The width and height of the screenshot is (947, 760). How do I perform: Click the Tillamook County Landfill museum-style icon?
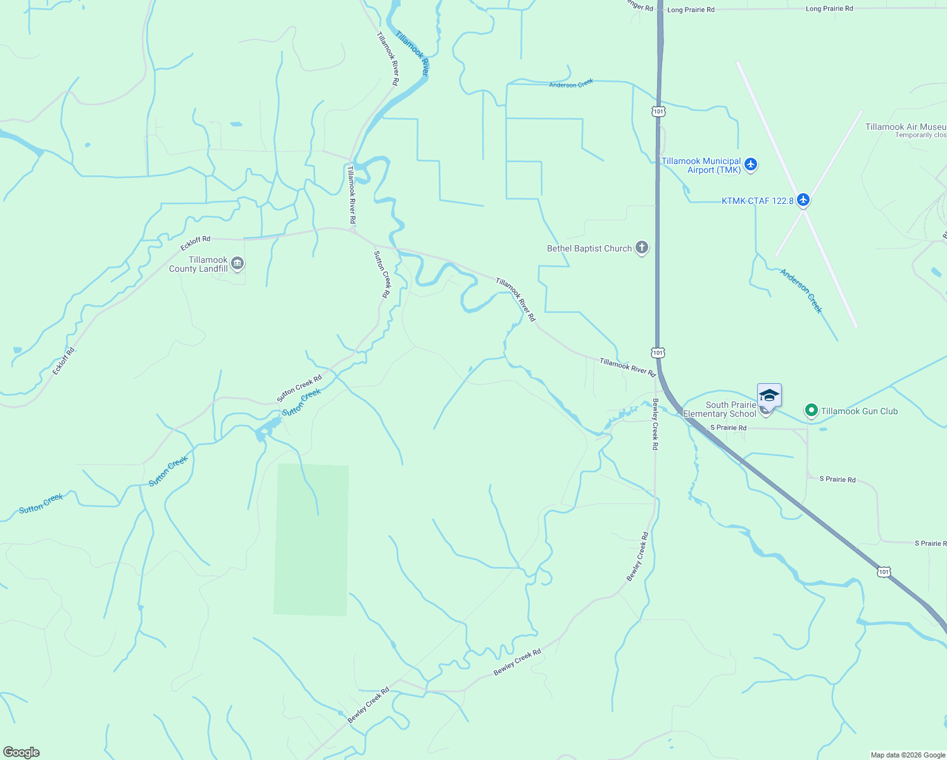(x=237, y=263)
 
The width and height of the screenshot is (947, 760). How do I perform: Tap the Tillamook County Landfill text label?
(x=198, y=265)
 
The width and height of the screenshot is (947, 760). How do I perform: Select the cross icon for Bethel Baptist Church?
(x=642, y=248)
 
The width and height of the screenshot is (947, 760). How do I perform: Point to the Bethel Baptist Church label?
(x=589, y=249)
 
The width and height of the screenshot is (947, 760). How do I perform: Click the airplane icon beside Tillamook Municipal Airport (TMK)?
(x=751, y=165)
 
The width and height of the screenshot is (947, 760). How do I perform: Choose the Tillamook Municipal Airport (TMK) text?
(x=701, y=166)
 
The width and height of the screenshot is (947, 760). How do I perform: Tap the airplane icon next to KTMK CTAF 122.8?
(x=803, y=200)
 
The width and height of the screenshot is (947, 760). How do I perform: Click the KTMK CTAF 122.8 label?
(x=757, y=201)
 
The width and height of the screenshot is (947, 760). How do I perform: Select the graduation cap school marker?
(x=769, y=396)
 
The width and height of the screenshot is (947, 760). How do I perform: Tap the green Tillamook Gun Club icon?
(x=811, y=411)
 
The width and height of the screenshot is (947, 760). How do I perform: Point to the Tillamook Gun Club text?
(x=859, y=412)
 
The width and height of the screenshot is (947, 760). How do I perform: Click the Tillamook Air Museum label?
(x=905, y=127)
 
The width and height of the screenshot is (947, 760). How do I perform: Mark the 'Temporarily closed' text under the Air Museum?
(x=920, y=136)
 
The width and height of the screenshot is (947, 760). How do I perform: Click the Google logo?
(x=22, y=752)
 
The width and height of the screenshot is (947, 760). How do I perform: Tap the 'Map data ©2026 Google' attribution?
(x=908, y=755)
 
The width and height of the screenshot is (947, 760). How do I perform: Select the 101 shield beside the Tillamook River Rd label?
(x=658, y=353)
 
